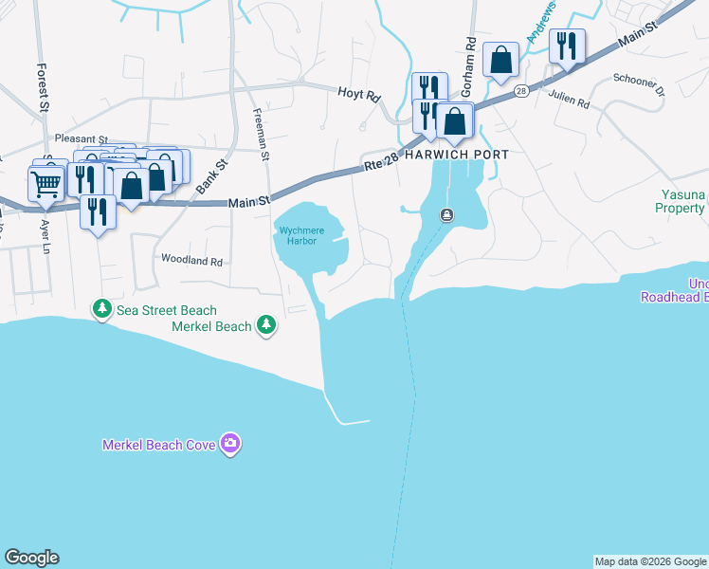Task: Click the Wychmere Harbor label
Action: (302, 234)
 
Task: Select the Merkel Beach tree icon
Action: (267, 325)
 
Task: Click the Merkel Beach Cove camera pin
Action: (229, 443)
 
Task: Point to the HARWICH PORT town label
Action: (457, 155)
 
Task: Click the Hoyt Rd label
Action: (359, 95)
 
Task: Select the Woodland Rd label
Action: (191, 259)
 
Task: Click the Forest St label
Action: (43, 87)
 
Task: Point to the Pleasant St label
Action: (82, 138)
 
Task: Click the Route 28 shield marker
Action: (520, 91)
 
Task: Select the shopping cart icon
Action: (45, 183)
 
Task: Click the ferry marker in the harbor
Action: (445, 215)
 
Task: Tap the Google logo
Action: (31, 558)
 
